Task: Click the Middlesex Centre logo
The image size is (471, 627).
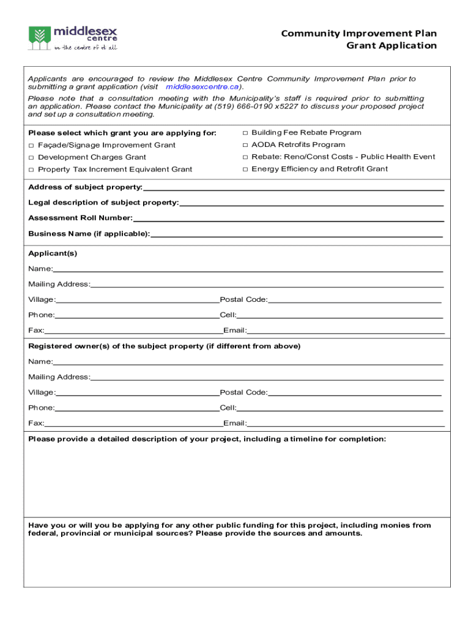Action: pos(73,37)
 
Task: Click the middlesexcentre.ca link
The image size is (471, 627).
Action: pos(200,87)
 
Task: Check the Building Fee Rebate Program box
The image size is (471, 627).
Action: pos(245,133)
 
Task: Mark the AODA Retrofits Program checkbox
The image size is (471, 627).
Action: pos(245,145)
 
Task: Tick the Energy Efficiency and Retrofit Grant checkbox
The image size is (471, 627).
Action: pos(245,169)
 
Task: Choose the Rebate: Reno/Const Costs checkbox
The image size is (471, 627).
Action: pos(245,157)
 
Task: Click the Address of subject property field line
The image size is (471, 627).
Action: pos(294,187)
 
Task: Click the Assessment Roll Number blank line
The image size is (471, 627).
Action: pos(287,218)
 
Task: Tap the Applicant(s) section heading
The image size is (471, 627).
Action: pos(53,253)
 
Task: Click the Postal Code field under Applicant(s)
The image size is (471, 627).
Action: pos(355,299)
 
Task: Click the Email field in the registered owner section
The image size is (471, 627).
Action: pos(346,423)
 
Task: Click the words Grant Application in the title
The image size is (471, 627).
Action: pos(391,46)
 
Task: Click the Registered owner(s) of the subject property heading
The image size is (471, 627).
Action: pos(165,346)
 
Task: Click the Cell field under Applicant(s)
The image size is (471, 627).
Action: pos(339,315)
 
